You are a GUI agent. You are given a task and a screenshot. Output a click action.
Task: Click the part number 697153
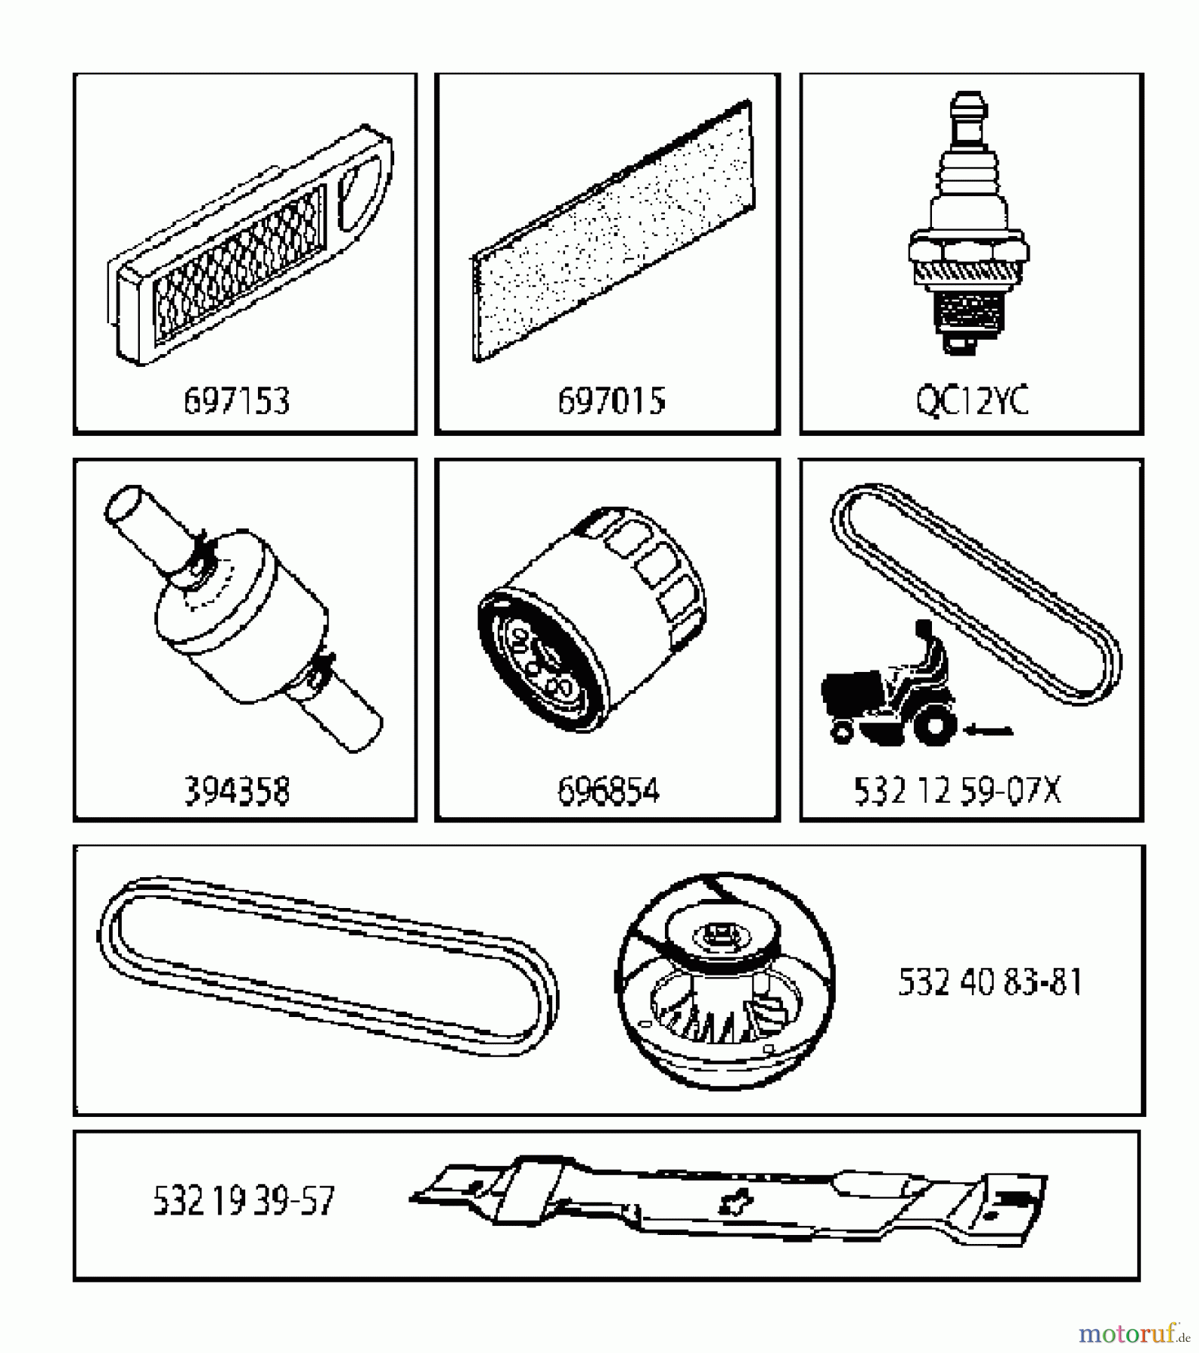point(236,401)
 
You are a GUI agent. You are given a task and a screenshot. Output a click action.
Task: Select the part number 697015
point(611,401)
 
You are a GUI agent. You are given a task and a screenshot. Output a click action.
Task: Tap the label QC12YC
point(972,401)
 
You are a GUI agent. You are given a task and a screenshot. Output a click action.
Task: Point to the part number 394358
point(236,792)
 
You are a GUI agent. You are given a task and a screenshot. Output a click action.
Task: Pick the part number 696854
point(608,792)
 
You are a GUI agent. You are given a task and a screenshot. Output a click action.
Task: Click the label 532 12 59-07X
point(957,791)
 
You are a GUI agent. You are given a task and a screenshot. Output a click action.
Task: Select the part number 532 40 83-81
point(990,982)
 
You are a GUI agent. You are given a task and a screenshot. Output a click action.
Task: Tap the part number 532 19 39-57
point(243,1200)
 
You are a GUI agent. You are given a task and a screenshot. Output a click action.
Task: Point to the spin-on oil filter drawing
point(591,616)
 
